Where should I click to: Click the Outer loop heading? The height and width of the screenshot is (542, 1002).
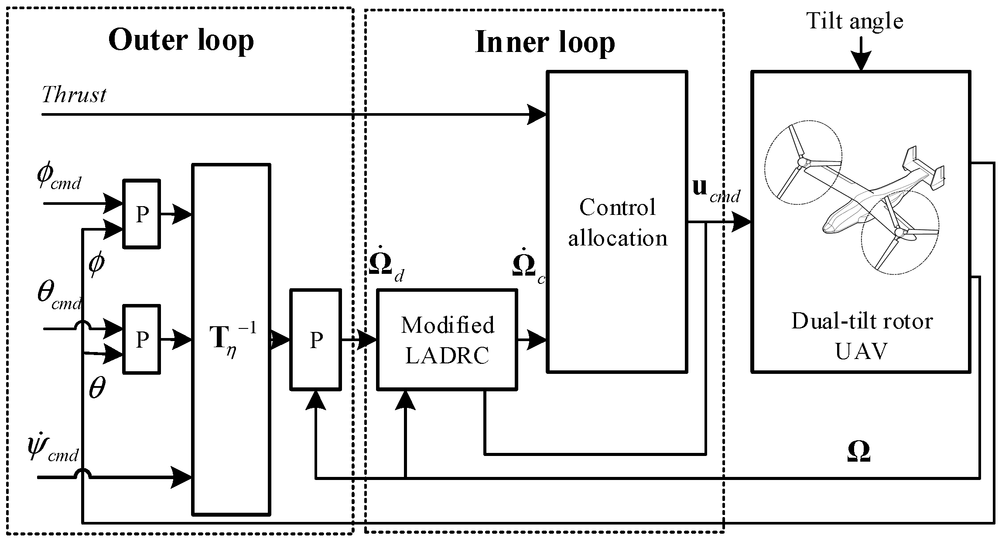181,41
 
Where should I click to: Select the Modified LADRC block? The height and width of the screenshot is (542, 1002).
447,339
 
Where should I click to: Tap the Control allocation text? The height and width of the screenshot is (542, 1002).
617,223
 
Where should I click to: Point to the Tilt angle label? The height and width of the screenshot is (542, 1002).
854,21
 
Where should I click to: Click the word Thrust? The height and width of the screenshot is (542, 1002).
74,95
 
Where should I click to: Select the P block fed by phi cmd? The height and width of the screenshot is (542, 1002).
141,214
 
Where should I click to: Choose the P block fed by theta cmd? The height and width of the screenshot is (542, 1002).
141,339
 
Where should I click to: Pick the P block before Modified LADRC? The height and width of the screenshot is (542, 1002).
315,339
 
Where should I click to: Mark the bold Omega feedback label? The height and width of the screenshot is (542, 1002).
858,452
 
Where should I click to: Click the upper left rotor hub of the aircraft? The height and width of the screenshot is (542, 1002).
802,163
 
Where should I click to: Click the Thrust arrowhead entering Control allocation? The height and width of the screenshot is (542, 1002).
537,115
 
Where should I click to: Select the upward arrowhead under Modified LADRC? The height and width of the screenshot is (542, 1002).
405,400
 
